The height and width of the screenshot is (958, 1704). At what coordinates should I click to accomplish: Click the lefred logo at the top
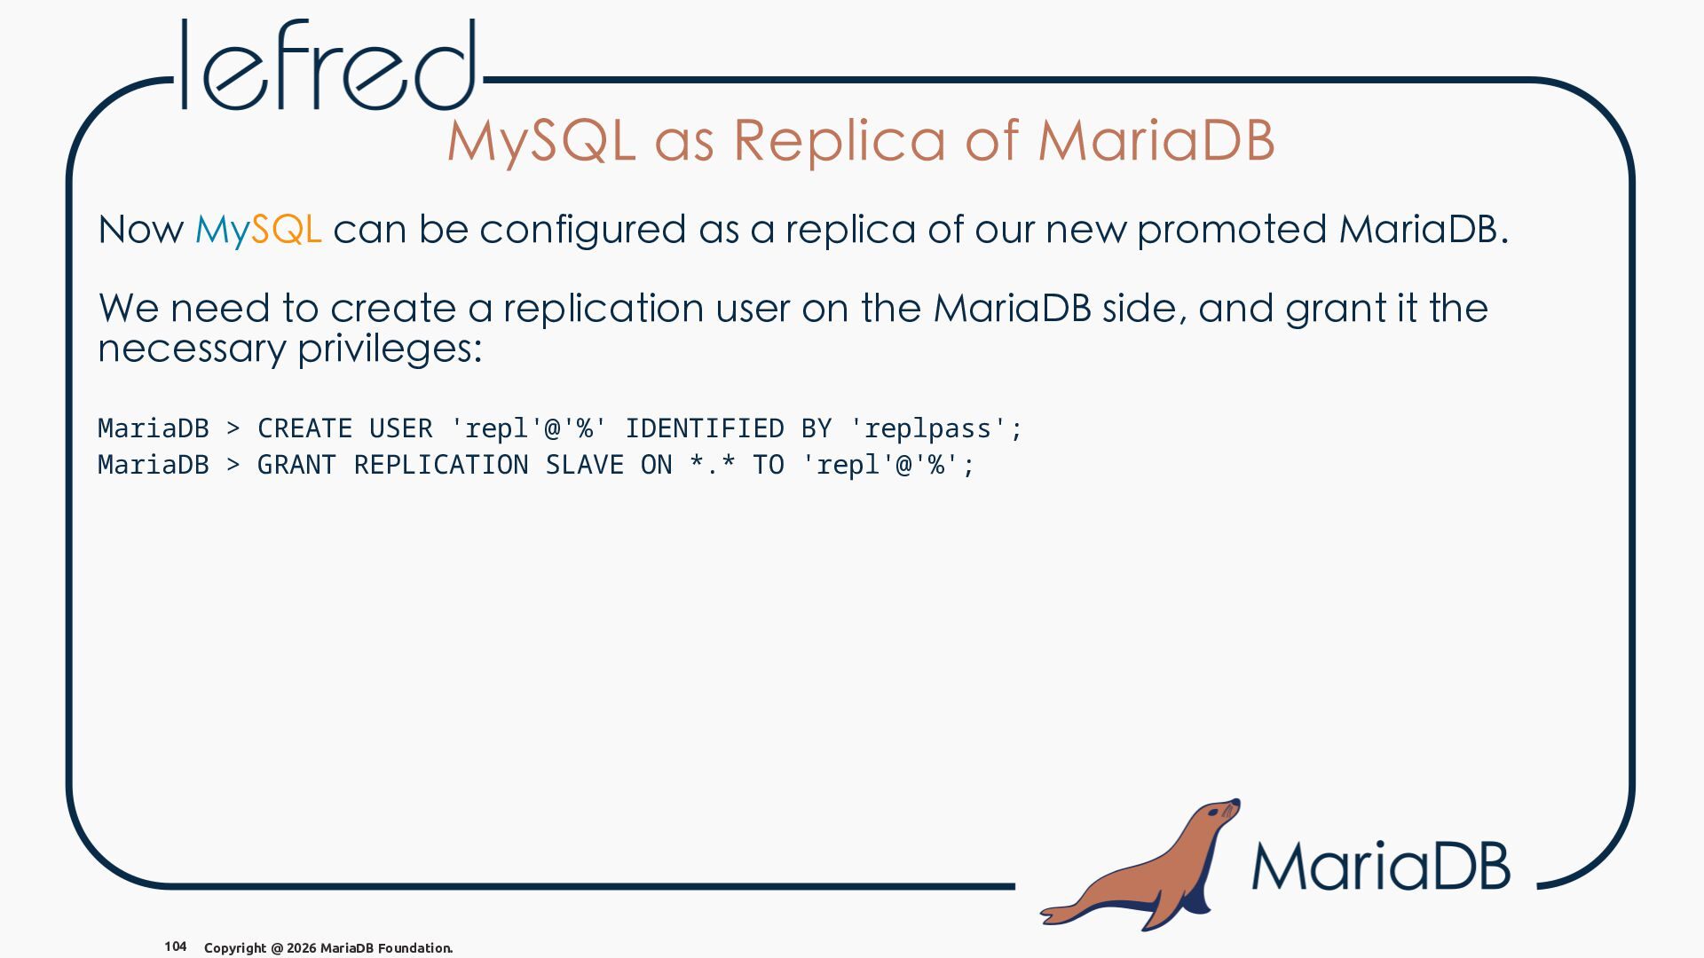click(x=329, y=65)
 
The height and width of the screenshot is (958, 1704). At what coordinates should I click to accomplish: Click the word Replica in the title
click(x=840, y=140)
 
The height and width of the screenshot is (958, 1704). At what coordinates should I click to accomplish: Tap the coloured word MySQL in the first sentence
click(x=257, y=230)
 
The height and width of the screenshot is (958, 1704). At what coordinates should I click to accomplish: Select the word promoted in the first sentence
click(x=1232, y=230)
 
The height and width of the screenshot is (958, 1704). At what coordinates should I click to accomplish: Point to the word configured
click(x=582, y=230)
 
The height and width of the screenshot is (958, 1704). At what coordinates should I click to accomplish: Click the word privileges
click(x=389, y=348)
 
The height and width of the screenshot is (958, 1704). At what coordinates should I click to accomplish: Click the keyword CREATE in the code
click(x=305, y=428)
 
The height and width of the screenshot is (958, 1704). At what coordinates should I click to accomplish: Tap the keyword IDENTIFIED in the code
click(x=705, y=428)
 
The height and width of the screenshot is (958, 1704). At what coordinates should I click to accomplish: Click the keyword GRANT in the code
click(x=296, y=465)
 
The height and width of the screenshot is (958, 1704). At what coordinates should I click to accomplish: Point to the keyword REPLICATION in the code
click(x=441, y=465)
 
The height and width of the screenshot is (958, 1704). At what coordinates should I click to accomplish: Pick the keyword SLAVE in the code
click(x=584, y=465)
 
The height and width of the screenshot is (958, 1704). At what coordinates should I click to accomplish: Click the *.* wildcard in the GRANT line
click(x=713, y=464)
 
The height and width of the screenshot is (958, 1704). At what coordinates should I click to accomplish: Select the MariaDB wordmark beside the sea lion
click(x=1381, y=866)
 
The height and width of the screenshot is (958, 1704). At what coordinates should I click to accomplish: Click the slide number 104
click(x=176, y=946)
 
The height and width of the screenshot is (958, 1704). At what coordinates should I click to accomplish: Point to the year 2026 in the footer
click(x=301, y=948)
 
